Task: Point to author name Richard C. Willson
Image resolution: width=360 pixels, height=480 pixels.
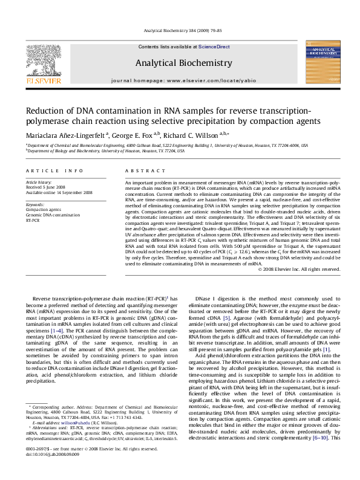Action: (194, 135)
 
